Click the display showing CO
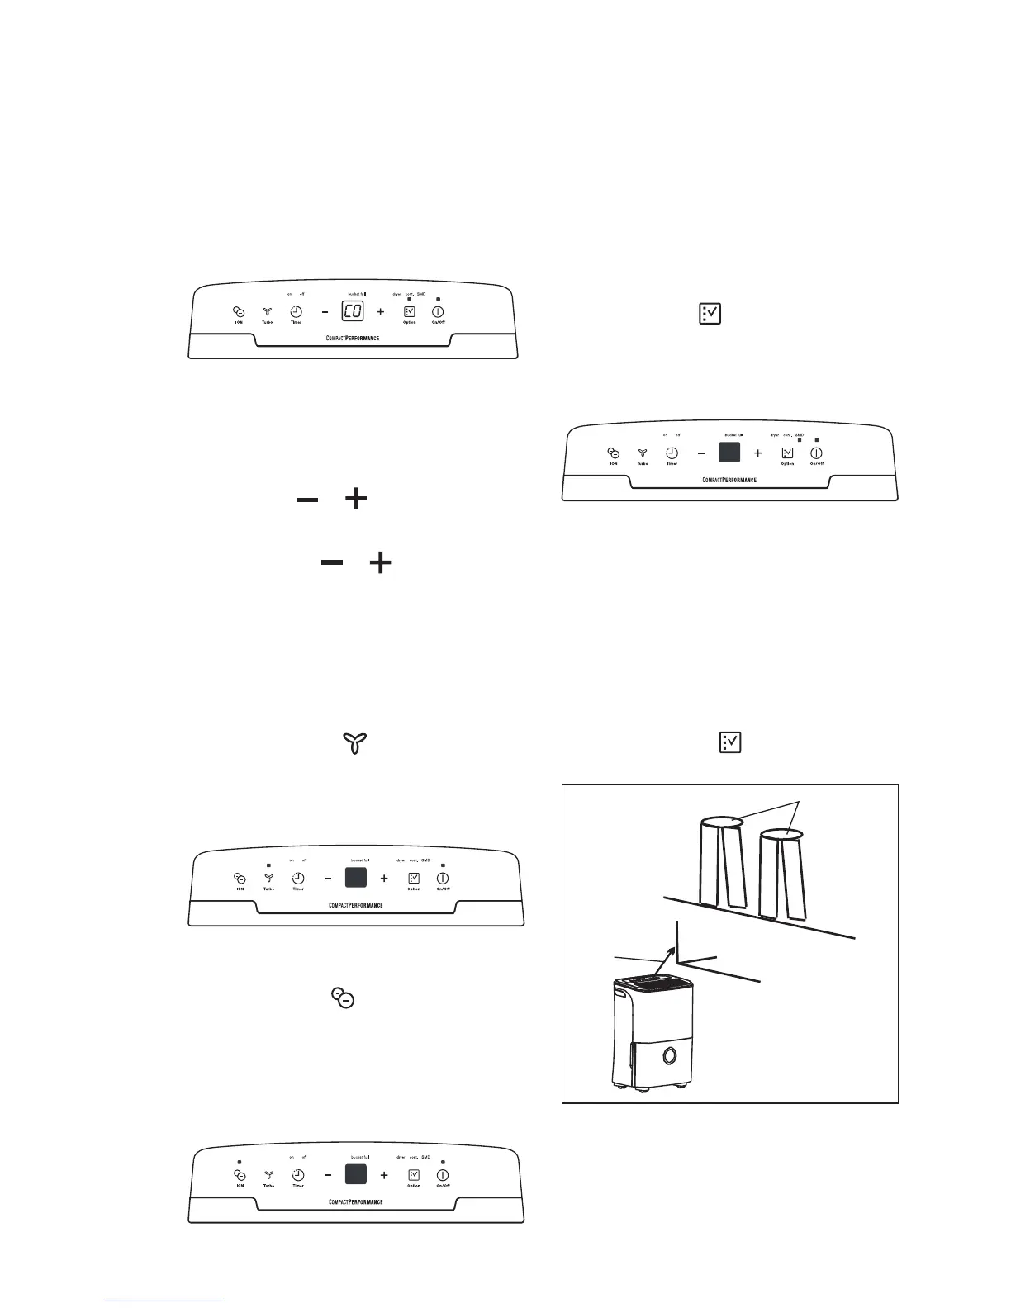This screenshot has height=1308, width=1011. tap(353, 312)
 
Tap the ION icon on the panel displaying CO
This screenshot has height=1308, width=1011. tap(239, 312)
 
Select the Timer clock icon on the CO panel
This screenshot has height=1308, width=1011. tap(296, 312)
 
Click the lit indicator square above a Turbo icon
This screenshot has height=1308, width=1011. tap(268, 865)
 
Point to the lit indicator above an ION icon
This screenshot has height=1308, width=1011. tap(239, 1161)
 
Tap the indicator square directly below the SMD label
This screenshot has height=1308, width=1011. tap(799, 440)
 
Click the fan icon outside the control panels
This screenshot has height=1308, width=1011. tap(354, 742)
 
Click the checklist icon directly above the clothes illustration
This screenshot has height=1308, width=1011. tap(730, 742)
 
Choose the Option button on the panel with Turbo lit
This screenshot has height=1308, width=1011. tap(414, 879)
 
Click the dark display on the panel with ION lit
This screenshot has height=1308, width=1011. tap(355, 1174)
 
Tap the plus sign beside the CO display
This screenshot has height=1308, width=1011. tap(381, 312)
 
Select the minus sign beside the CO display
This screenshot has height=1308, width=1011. tap(325, 312)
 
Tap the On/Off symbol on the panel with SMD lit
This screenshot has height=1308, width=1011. tap(816, 453)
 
